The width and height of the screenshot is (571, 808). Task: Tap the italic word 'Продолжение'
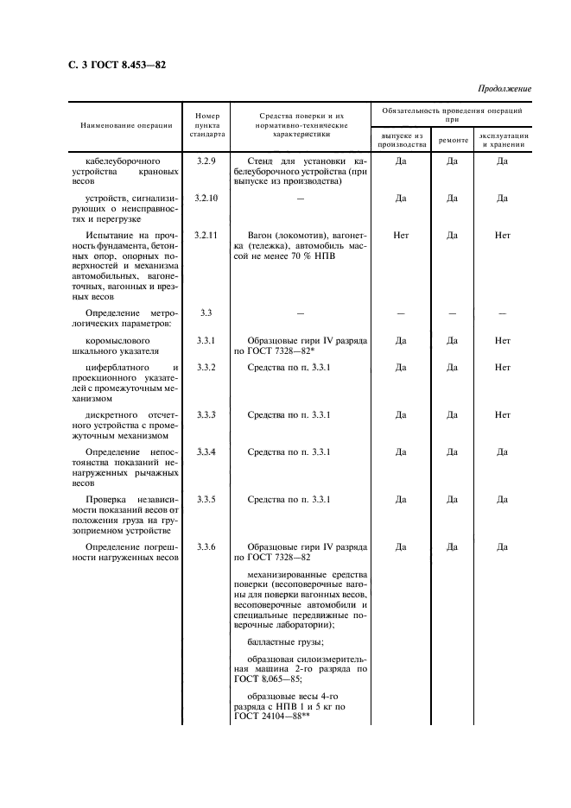coord(504,89)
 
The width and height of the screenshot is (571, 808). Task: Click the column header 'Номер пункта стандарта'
coord(207,125)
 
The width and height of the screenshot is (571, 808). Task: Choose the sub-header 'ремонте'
coord(453,140)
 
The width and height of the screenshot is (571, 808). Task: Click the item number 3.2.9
coord(206,161)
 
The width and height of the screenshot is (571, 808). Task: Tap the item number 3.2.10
coord(207,198)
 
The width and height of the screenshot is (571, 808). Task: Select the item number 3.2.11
coord(207,234)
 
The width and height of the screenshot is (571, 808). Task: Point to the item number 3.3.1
coord(206,341)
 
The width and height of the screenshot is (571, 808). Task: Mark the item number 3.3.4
coord(206,451)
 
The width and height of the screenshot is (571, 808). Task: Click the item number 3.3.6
coord(206,546)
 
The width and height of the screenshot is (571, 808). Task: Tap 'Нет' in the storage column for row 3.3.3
coord(503,415)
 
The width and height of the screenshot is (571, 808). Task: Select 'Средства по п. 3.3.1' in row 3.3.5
coord(289,499)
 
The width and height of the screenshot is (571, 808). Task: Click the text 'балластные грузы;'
coord(285,641)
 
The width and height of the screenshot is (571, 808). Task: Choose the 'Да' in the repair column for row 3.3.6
coord(452,546)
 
